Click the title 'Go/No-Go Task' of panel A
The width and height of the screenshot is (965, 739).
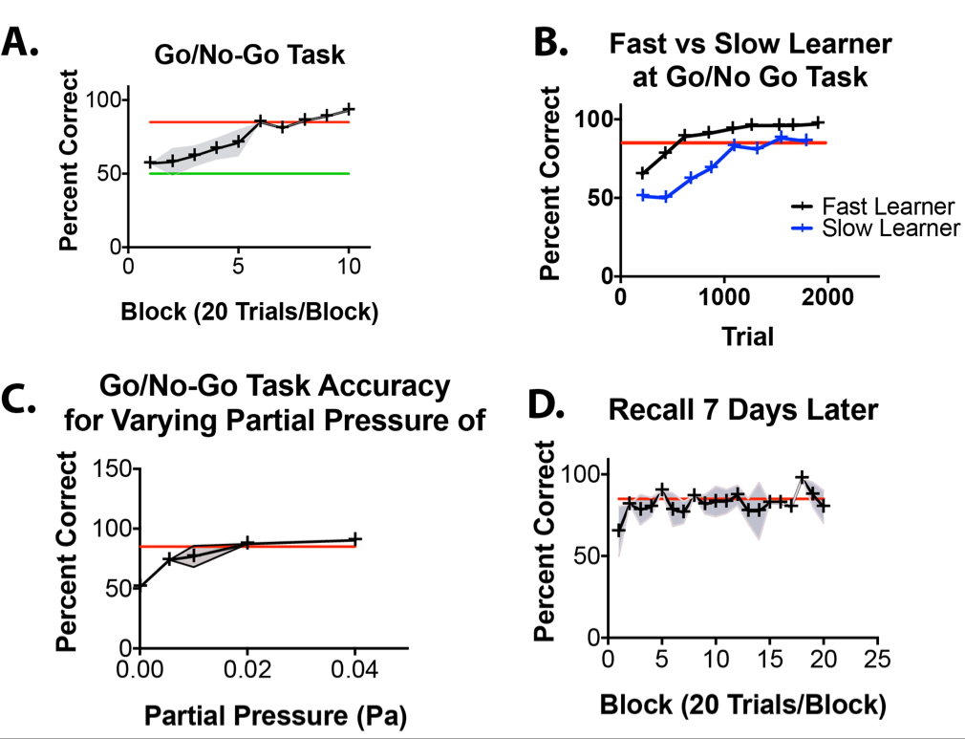click(x=249, y=55)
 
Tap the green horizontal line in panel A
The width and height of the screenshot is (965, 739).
click(x=248, y=173)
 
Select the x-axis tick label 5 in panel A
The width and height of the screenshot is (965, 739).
click(x=238, y=268)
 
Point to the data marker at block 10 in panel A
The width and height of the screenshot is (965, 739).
click(x=349, y=109)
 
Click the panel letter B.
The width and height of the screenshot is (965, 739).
click(x=553, y=43)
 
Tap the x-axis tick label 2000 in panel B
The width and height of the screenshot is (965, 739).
click(x=827, y=297)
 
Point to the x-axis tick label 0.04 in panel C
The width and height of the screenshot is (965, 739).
click(x=354, y=669)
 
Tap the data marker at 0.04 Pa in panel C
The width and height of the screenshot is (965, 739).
click(x=354, y=539)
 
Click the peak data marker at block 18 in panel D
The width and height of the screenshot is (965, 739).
click(x=803, y=477)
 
